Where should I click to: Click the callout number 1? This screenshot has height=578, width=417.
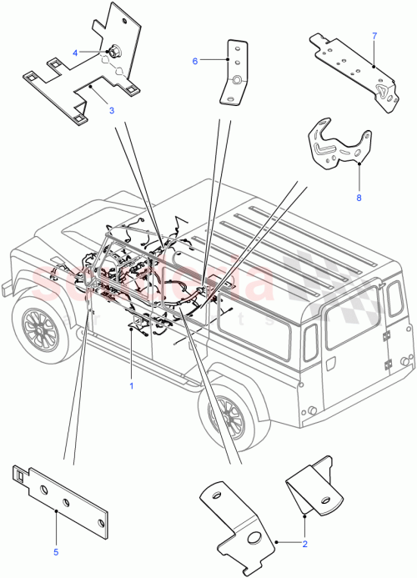[131, 386]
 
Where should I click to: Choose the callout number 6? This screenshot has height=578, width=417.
[196, 60]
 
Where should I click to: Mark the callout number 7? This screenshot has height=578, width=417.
[374, 36]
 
